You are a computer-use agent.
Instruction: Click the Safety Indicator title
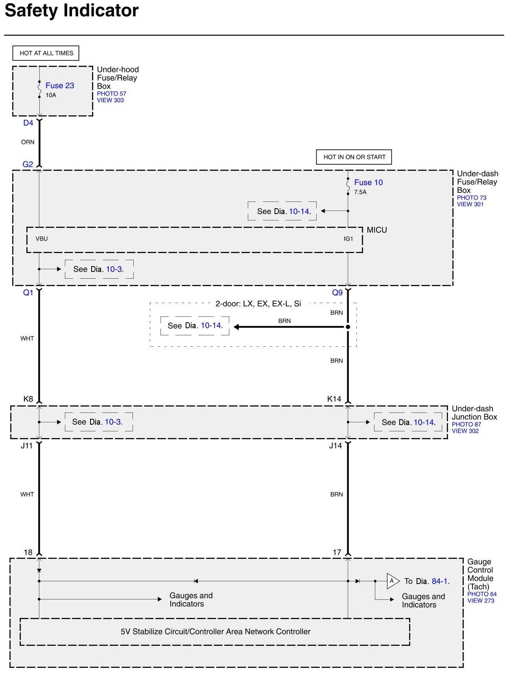pos(72,11)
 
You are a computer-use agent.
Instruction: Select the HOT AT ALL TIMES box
pos(46,53)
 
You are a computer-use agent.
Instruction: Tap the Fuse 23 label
pos(59,85)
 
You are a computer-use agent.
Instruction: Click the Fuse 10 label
pos(368,182)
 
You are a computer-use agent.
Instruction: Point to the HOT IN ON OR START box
pos(354,157)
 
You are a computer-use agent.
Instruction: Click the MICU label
pos(376,230)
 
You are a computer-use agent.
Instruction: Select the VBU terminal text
pos(41,239)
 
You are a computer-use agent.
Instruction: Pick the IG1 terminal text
pos(348,239)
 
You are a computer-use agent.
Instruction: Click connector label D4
pos(28,123)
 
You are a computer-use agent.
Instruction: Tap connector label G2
pos(28,164)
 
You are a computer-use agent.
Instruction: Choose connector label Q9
pos(337,292)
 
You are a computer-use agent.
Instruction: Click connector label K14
pos(334,399)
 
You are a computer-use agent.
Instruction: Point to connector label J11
pos(27,446)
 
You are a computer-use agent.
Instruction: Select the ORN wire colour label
pos(28,142)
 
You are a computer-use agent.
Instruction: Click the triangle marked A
pos(392,581)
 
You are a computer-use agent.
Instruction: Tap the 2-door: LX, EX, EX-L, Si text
pos(258,303)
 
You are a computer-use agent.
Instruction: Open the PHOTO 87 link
pos(466,424)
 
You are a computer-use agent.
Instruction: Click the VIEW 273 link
pos(481,601)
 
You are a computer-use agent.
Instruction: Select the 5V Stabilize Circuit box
pos(215,632)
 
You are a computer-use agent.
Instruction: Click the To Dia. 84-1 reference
pos(427,581)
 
